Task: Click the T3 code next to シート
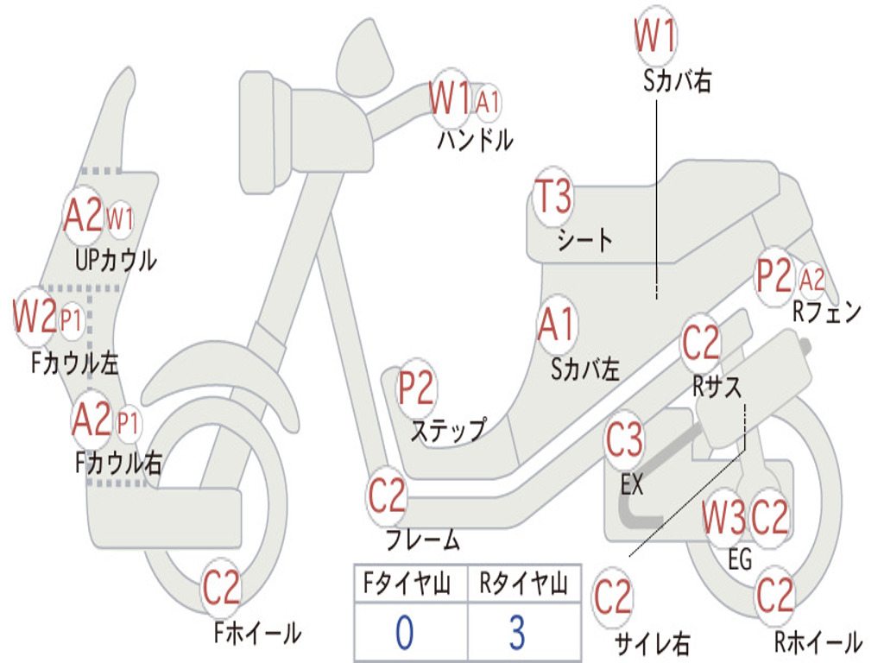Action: click(553, 198)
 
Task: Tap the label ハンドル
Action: click(475, 139)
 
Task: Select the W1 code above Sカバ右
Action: click(655, 37)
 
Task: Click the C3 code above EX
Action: click(624, 440)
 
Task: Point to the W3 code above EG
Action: click(723, 519)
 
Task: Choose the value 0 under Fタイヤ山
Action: click(405, 633)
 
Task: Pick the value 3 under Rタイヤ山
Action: click(516, 633)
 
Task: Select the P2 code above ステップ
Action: click(416, 389)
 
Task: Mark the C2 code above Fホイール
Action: click(221, 590)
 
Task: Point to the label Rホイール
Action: click(818, 642)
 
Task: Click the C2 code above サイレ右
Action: click(613, 597)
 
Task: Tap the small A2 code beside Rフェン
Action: click(812, 280)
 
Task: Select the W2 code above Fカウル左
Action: click(35, 317)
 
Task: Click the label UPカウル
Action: click(116, 259)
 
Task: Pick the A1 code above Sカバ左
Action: click(556, 325)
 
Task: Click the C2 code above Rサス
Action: click(701, 344)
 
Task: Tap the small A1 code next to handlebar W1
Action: click(488, 102)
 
